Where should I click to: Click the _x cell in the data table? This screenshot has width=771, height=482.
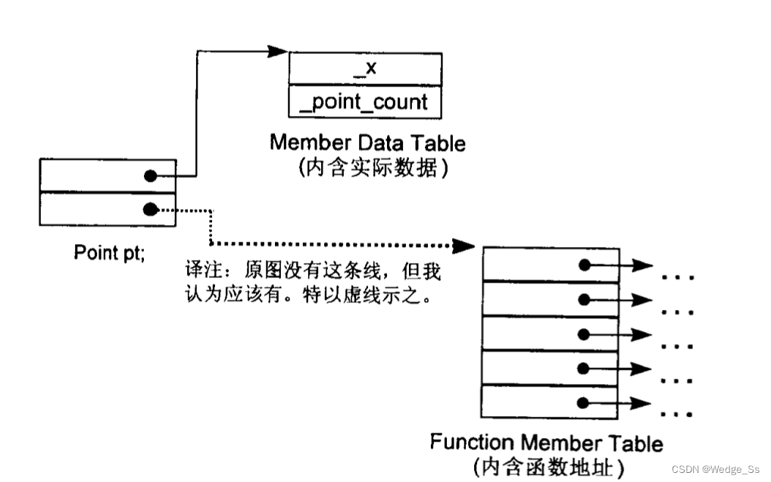click(x=365, y=69)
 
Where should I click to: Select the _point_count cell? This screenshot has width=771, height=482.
click(x=365, y=102)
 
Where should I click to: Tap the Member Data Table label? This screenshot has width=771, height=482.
click(x=367, y=142)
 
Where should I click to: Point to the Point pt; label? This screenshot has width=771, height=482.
click(x=109, y=252)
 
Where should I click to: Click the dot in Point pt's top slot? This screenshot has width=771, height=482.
click(x=151, y=176)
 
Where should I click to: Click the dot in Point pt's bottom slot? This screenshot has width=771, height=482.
click(x=151, y=208)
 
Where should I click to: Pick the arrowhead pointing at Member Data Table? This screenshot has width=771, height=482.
click(x=277, y=52)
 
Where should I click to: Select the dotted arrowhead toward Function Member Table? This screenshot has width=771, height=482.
click(x=464, y=245)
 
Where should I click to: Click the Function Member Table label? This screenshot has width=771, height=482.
click(x=546, y=443)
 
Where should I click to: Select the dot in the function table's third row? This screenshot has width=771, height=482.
click(x=583, y=333)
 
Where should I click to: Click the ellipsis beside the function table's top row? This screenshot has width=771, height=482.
click(x=677, y=277)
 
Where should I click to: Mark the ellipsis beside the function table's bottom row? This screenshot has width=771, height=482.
click(x=677, y=414)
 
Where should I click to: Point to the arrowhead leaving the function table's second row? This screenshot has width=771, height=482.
click(x=641, y=299)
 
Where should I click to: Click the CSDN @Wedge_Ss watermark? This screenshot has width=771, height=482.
click(x=716, y=470)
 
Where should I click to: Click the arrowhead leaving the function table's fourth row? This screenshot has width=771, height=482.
click(x=641, y=368)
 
